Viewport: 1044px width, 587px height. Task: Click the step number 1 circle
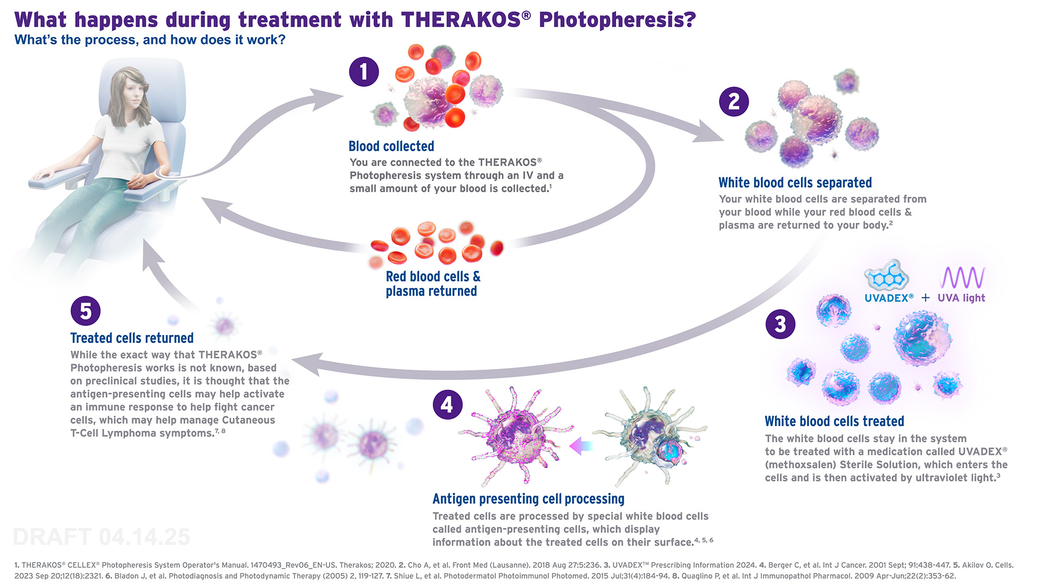point(364,72)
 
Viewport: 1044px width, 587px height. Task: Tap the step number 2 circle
point(734,102)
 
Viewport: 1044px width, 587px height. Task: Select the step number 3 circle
point(780,324)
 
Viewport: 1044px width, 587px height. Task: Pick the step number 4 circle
point(447,404)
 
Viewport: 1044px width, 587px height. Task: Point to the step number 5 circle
point(85,311)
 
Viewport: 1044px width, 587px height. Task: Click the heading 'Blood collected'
point(391,146)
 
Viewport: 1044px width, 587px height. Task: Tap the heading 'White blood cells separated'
point(795,183)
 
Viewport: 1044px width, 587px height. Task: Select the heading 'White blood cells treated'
point(834,421)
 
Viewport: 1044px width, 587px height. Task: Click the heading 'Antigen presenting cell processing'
point(528,499)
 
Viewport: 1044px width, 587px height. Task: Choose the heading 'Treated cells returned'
point(132,338)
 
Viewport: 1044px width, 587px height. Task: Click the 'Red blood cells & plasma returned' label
point(433,284)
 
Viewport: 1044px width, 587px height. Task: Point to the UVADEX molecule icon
point(886,277)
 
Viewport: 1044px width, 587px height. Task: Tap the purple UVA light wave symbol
point(962,277)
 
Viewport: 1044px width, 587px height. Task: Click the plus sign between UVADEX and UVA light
point(925,298)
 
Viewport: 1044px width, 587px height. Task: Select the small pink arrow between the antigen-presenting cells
point(580,446)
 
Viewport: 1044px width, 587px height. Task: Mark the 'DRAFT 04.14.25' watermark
point(101,537)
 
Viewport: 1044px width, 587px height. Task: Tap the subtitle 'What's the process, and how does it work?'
point(150,40)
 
